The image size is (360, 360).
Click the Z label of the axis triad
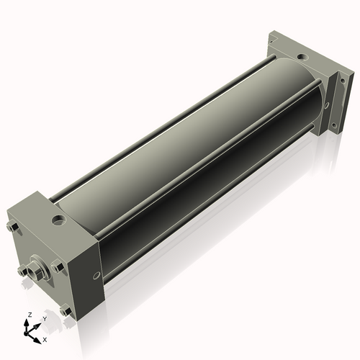tap(30, 315)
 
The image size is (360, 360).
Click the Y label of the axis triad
tap(45, 319)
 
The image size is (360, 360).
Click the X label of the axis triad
tap(45, 340)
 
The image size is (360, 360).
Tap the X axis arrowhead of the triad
tap(37, 341)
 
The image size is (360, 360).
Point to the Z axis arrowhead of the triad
tap(26, 323)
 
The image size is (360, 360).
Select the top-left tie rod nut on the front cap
tap(12, 227)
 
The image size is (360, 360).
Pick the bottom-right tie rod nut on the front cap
tap(66, 310)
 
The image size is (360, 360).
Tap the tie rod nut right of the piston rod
tap(58, 267)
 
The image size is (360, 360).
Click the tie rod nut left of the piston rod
tap(22, 271)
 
